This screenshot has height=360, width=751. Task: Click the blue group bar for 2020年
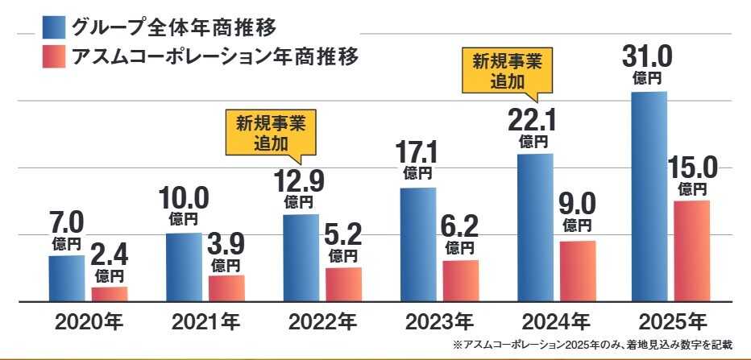[x=66, y=278]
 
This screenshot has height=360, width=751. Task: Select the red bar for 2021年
[x=226, y=288]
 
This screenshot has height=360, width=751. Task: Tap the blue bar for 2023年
[x=417, y=244]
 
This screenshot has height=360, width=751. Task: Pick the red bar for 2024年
[x=577, y=271]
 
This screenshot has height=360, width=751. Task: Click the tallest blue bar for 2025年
[x=649, y=197]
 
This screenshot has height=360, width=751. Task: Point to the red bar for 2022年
[x=343, y=283]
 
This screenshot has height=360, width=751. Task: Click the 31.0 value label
[x=648, y=59]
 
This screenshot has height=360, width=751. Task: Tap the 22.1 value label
[x=532, y=121]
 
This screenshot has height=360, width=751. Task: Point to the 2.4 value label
[x=110, y=255]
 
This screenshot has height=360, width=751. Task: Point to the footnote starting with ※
[x=593, y=346]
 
